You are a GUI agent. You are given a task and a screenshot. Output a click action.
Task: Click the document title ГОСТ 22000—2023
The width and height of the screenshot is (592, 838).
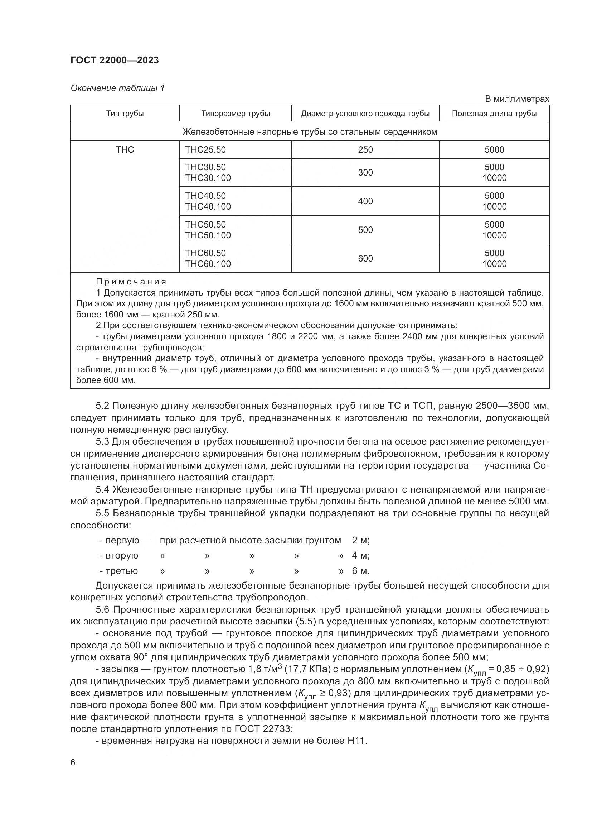[x=115, y=61]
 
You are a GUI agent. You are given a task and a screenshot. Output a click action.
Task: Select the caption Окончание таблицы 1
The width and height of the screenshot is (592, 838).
[x=117, y=88]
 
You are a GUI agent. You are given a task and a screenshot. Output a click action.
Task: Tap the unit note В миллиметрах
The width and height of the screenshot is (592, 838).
[x=516, y=99]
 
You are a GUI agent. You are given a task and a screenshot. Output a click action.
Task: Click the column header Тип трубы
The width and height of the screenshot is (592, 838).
[x=125, y=114]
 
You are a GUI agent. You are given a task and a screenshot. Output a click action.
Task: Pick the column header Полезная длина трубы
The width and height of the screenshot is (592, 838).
[x=494, y=114]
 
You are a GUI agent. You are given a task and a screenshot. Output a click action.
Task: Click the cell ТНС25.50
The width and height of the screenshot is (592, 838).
[x=205, y=150]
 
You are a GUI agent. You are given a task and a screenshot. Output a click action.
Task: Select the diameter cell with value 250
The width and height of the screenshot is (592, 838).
[x=365, y=150]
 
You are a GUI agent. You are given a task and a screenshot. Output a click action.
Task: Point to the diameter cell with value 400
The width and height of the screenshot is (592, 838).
[x=365, y=201]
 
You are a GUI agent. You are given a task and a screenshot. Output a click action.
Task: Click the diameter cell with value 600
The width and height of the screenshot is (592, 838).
[x=365, y=258]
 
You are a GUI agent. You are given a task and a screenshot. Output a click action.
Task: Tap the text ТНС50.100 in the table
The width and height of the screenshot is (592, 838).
[x=208, y=235]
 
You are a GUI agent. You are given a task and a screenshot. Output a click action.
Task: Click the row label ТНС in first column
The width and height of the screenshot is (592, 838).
[x=125, y=150]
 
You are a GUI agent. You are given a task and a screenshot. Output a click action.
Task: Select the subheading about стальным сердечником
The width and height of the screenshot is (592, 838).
[x=310, y=132]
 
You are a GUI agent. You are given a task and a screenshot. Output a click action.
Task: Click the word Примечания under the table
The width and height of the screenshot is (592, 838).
[x=131, y=282]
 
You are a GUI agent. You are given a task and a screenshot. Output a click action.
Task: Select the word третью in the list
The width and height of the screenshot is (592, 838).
[x=122, y=571]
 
